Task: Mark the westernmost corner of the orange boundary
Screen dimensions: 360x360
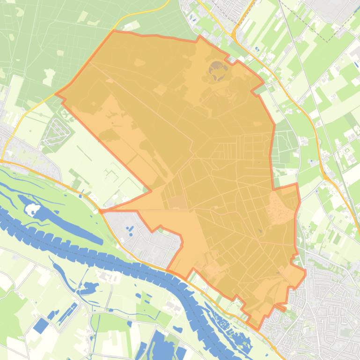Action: pos(56,94)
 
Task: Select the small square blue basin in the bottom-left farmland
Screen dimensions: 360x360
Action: pos(41,325)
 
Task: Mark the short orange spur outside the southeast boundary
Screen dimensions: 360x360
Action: pos(281,307)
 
